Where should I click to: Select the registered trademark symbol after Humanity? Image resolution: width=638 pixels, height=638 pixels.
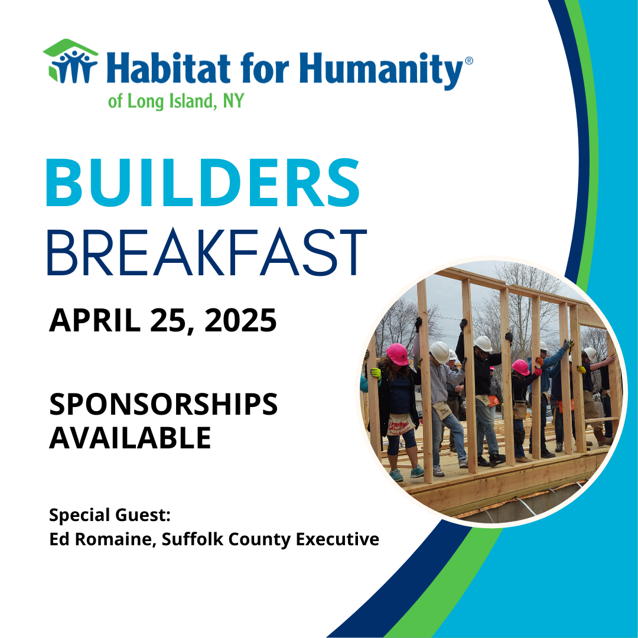469,61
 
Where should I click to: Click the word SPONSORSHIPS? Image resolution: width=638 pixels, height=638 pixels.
163,405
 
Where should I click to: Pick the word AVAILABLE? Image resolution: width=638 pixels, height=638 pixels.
130,438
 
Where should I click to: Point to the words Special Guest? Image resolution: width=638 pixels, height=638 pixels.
110,515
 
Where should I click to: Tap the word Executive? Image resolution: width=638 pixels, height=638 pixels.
341,539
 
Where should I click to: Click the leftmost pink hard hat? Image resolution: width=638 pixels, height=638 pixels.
397,354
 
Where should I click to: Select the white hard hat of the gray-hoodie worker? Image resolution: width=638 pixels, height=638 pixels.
440,351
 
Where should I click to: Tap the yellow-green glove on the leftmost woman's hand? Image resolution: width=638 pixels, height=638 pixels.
375,373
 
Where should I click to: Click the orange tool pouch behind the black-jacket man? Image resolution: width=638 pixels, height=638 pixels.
493,401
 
